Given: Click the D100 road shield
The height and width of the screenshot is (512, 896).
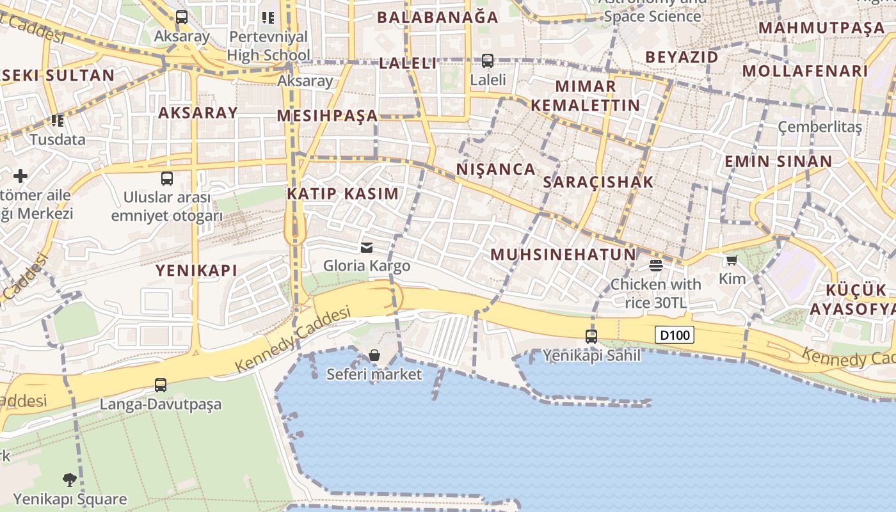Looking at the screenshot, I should click(x=675, y=335).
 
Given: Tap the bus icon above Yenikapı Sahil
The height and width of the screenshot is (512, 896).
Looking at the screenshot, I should click(x=591, y=336).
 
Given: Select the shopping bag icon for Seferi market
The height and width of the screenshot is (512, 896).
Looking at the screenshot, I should click(x=374, y=355).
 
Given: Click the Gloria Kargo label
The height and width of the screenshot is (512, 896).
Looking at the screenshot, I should click(x=367, y=265).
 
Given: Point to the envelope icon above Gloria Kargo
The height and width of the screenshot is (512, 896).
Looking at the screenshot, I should click(x=367, y=247).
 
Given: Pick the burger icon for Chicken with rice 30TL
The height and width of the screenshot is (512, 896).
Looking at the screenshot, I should click(x=655, y=265).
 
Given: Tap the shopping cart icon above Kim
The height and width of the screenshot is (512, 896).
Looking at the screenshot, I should click(x=732, y=260).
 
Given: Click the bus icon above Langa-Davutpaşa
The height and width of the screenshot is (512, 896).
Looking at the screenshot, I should click(x=161, y=385).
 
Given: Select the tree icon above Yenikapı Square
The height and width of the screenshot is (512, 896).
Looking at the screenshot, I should click(x=70, y=479).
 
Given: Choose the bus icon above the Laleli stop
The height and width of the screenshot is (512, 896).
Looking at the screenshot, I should click(x=488, y=61).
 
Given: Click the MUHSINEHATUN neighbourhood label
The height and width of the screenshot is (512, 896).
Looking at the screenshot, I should click(x=563, y=255).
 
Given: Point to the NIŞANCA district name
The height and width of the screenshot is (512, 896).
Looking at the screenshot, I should click(x=496, y=170).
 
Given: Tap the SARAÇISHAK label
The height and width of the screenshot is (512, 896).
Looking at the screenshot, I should click(x=598, y=182).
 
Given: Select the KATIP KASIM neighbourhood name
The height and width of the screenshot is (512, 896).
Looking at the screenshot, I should click(x=342, y=193).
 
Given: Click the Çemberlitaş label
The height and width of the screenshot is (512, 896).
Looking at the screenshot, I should click(x=820, y=127).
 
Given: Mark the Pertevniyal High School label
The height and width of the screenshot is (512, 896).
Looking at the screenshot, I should click(x=268, y=45).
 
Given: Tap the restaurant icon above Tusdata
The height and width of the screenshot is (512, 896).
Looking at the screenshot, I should click(x=58, y=120).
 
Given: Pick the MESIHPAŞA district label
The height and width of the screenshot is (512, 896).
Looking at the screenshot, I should click(x=328, y=116).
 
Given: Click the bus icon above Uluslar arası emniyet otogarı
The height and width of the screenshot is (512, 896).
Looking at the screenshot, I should click(x=167, y=179).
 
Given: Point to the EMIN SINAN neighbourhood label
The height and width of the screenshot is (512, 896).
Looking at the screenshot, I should click(x=778, y=161).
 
